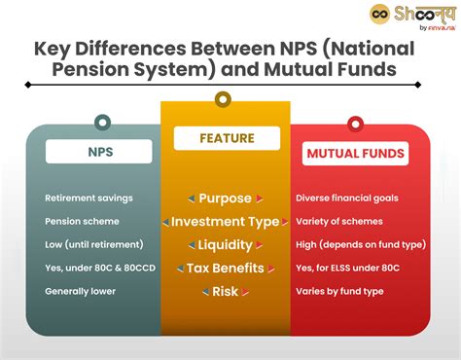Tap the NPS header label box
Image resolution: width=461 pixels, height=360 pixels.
[98, 151]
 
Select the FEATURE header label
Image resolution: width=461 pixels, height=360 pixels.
[227, 138]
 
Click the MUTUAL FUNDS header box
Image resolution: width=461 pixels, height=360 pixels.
[356, 153]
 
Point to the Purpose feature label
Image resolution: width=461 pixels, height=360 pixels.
[225, 198]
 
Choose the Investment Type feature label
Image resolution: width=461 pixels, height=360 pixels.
[226, 222]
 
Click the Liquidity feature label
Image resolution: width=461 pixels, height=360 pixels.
[226, 245]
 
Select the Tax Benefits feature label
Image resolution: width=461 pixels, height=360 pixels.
[226, 268]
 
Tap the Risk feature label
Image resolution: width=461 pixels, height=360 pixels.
[226, 291]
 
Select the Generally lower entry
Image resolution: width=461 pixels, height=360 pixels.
[81, 291]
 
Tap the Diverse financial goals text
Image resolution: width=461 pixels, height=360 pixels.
[346, 198]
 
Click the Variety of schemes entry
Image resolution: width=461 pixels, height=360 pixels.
[339, 222]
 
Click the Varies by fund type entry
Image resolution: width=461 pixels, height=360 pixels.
[340, 291]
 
